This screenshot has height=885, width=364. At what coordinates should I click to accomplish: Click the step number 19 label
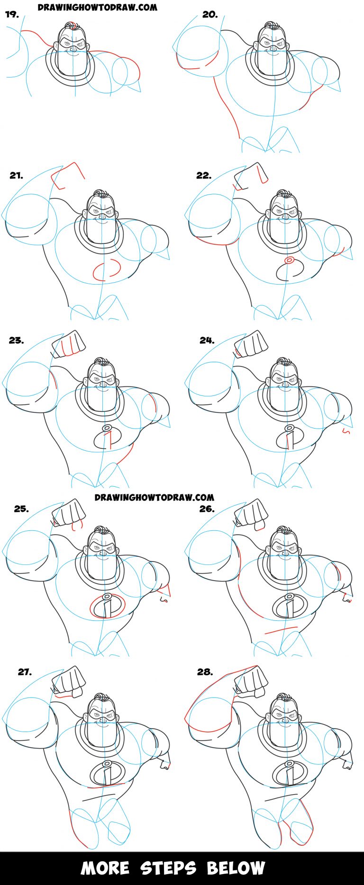tap(12, 15)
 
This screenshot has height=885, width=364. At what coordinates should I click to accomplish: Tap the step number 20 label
tap(210, 15)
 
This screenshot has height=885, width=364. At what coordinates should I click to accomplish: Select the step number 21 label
tap(16, 176)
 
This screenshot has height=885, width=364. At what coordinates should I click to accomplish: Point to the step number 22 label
tap(204, 176)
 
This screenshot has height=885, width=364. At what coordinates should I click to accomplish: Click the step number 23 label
tap(16, 340)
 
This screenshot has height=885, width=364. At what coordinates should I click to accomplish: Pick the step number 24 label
tap(207, 340)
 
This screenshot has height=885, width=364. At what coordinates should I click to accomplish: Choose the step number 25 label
tap(21, 509)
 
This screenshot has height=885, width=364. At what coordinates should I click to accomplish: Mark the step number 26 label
tap(207, 509)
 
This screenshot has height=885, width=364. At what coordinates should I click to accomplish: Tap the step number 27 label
tap(25, 672)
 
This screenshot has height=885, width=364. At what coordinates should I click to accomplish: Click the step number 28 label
tap(205, 672)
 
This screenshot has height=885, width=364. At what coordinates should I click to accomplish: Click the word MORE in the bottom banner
tap(105, 868)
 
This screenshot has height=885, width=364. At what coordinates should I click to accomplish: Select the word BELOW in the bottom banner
tap(236, 868)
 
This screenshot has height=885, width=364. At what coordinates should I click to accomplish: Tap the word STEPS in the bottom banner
tap(168, 868)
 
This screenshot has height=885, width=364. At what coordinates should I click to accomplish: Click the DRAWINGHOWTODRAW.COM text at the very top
tap(97, 8)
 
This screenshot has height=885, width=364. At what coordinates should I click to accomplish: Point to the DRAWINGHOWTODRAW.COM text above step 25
tap(154, 497)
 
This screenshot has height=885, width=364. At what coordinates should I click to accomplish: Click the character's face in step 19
tap(73, 45)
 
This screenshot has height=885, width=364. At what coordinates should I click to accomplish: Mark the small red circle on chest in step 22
tap(289, 260)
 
